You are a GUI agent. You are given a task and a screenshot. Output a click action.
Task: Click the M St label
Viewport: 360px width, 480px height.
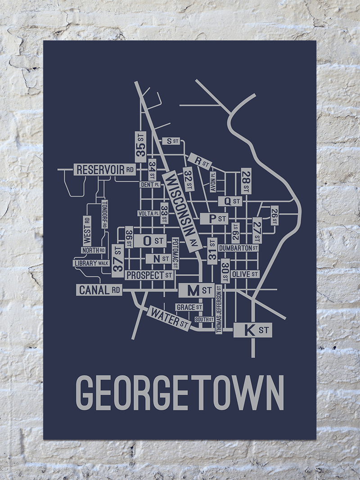pyautogui.click(x=196, y=291)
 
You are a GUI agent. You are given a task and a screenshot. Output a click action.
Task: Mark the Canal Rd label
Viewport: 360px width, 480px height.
pyautogui.click(x=99, y=290)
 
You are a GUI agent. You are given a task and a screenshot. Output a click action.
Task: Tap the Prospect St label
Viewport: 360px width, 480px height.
pyautogui.click(x=149, y=275)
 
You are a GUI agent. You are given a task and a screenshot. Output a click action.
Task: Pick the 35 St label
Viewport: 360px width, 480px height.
pyautogui.click(x=141, y=146)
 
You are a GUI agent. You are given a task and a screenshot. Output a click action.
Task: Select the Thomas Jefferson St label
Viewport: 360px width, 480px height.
pyautogui.click(x=219, y=309)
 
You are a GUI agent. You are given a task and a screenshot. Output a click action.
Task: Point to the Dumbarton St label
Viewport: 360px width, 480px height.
pyautogui.click(x=238, y=248)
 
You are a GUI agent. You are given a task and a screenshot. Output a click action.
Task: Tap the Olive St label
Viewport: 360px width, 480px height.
pyautogui.click(x=245, y=274)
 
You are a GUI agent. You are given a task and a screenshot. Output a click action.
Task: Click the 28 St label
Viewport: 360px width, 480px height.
pyautogui.click(x=246, y=182)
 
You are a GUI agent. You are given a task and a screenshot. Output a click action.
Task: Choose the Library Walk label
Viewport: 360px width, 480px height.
pyautogui.click(x=91, y=263)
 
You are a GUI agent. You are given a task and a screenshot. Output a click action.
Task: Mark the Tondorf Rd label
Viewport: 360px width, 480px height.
pyautogui.click(x=104, y=214)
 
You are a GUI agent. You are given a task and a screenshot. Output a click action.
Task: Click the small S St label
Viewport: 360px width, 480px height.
pyautogui.click(x=171, y=141)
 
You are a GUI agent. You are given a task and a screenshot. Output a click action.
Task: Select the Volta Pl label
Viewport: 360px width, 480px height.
pyautogui.click(x=148, y=214)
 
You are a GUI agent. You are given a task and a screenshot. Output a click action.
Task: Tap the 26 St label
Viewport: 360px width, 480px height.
pyautogui.click(x=274, y=215)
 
